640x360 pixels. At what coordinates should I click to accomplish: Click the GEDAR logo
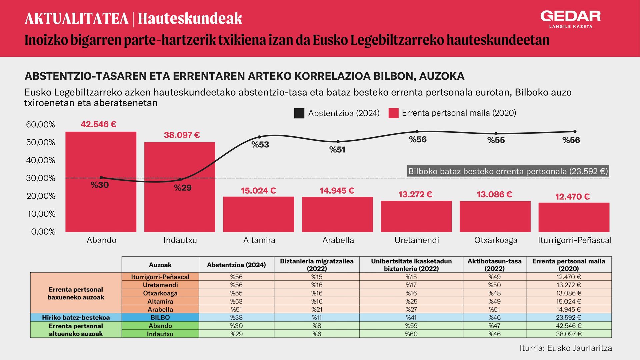pos(571,19)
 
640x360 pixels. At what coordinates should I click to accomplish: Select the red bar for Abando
pos(101,182)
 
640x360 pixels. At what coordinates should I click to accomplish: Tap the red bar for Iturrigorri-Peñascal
pos(574,217)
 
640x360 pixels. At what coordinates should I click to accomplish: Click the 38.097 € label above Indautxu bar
pos(182,135)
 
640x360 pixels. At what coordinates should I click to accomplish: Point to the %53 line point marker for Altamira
pos(259,137)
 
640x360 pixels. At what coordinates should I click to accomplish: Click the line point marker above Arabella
pos(338,142)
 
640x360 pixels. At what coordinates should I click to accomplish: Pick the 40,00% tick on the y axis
pos(41,160)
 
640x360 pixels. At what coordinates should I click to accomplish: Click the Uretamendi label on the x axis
pos(417,240)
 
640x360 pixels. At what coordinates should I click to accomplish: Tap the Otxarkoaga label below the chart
pos(496,240)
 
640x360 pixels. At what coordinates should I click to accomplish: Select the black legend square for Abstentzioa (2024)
pos(299,113)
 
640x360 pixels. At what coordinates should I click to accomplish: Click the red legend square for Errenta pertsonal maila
pos(394,113)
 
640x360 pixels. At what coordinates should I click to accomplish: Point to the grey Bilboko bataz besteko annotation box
pos(508,171)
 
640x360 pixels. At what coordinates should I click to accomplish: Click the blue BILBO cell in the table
pos(160,317)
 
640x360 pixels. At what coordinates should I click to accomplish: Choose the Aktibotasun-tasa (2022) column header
pos(494,265)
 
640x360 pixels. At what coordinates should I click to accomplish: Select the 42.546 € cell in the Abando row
pos(569,326)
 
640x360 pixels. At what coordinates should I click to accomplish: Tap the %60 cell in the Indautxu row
pos(411,334)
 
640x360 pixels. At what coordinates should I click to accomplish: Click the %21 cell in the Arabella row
pos(317,309)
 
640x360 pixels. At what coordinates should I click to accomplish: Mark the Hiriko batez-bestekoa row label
pos(76,317)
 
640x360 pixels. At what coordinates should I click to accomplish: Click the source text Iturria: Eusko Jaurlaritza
pos(566,348)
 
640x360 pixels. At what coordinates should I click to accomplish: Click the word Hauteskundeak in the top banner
pos(190,19)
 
